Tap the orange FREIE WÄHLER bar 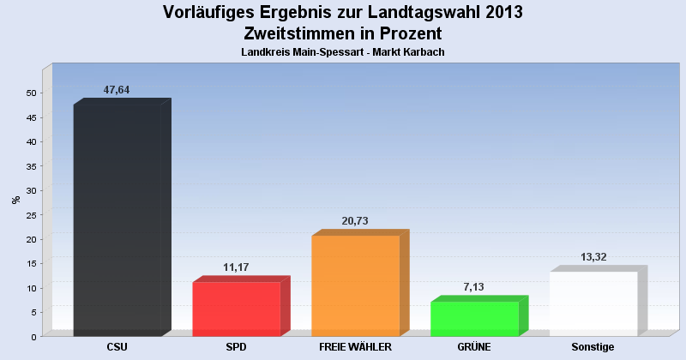pos(355,285)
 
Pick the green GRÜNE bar pos(474,318)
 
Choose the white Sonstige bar pos(593,303)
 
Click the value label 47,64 pos(117,90)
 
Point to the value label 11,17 pos(236,267)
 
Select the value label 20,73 pos(355,221)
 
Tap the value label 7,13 pos(474,287)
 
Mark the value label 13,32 pos(593,257)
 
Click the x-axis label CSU pos(117,347)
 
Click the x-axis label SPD pos(237,347)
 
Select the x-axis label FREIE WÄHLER pos(355,347)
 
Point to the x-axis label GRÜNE pos(474,347)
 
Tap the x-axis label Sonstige pos(593,347)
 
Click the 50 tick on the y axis pos(32,93)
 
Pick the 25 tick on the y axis pos(32,214)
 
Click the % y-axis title pos(15,200)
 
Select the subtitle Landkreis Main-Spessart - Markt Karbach pos(343,52)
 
